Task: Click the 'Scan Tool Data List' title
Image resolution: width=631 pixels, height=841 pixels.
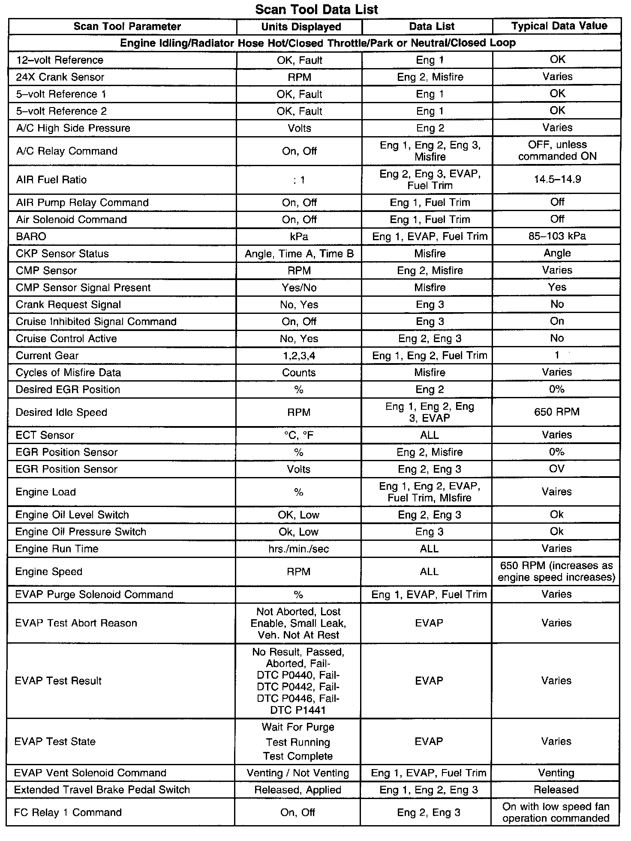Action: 316,9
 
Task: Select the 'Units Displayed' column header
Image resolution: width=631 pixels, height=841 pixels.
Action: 301,27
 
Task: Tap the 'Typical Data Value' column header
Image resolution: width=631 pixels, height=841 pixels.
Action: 559,26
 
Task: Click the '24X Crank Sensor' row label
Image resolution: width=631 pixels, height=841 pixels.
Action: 60,77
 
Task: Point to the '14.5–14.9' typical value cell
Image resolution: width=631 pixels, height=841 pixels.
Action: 557,179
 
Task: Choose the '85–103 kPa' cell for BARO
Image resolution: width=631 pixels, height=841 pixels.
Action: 557,236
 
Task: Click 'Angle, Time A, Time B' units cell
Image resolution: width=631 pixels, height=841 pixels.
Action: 299,253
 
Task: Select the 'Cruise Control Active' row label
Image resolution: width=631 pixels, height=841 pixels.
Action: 66,338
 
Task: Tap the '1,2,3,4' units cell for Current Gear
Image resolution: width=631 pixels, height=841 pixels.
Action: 299,355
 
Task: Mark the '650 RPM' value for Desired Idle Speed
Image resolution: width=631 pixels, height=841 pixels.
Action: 557,412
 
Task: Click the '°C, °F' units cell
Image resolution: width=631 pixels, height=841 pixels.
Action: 299,435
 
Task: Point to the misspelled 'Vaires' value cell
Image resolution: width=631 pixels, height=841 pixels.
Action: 556,492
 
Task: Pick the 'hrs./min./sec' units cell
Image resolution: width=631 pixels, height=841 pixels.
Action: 298,549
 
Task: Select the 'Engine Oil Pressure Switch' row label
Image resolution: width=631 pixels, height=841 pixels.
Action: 81,532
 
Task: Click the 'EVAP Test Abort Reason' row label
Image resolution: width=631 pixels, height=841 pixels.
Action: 76,623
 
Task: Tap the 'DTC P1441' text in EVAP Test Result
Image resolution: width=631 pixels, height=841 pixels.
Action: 298,710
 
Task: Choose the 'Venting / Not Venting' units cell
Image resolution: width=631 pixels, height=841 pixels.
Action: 298,773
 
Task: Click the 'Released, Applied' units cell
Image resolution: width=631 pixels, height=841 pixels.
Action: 298,790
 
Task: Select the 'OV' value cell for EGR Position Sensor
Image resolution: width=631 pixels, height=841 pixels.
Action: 556,469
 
